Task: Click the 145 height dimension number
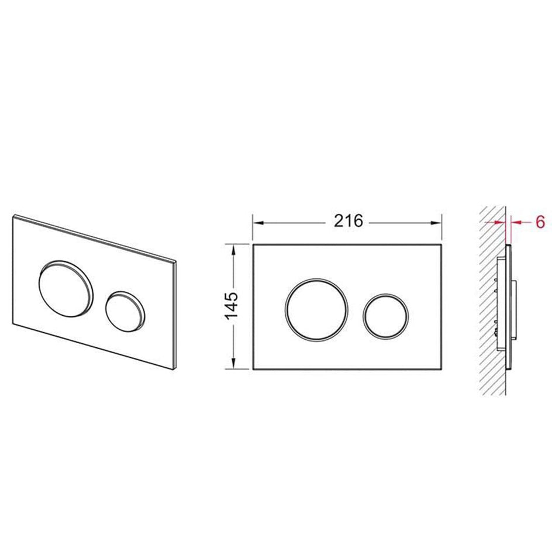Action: (x=232, y=306)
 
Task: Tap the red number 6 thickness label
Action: (x=540, y=222)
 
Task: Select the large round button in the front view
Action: (x=316, y=309)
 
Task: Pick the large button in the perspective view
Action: (x=66, y=289)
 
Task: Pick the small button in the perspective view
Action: (x=125, y=311)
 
